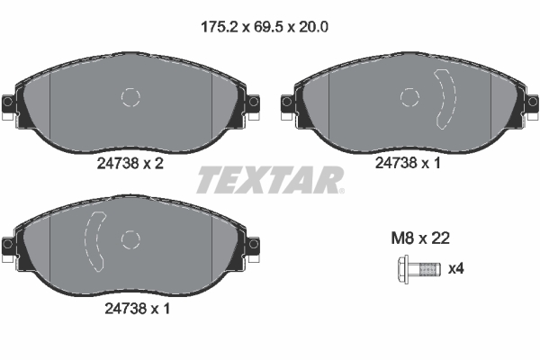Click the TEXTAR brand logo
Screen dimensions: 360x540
270,180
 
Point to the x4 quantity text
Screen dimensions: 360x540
456,268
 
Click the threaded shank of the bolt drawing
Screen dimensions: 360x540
431,268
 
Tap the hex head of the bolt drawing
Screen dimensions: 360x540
401,268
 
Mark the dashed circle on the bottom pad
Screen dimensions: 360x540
130,239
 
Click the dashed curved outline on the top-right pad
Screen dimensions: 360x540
445,97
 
